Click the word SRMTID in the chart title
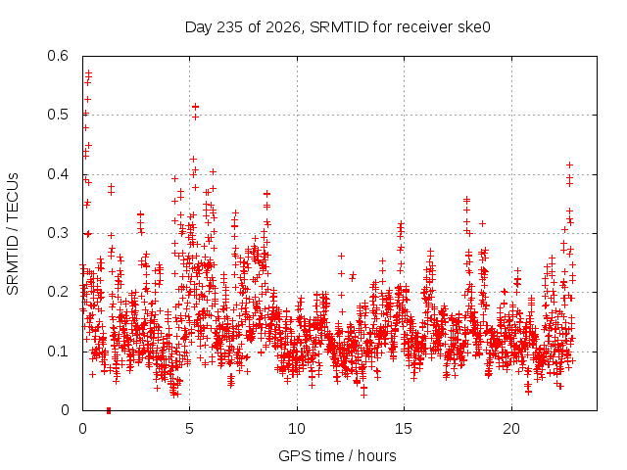tap(339, 27)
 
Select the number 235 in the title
tap(229, 27)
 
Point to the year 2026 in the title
tap(283, 27)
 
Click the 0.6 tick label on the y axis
tap(58, 56)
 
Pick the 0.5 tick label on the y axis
tap(58, 115)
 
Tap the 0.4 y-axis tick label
tap(58, 174)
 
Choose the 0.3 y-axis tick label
tap(58, 233)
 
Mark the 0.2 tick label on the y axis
tap(58, 292)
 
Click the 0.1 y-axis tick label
tap(58, 352)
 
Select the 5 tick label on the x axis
tap(189, 429)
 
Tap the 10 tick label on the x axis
tap(297, 429)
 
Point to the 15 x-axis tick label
tap(404, 429)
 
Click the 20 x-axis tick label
tap(511, 429)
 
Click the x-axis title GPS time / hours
tap(337, 456)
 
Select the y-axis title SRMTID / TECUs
tap(13, 234)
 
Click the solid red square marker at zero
tap(109, 410)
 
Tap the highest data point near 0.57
tap(89, 73)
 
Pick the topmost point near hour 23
tap(570, 164)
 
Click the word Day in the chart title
tap(198, 28)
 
